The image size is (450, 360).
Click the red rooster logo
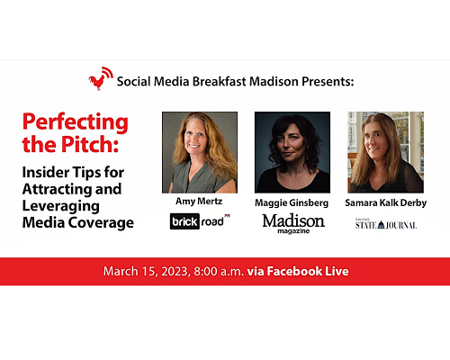click(x=101, y=78)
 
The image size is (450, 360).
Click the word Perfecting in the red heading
click(x=76, y=122)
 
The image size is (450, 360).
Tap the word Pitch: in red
click(x=90, y=144)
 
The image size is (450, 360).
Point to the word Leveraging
click(x=61, y=206)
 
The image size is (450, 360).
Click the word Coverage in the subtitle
click(x=101, y=223)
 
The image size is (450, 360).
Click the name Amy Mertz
click(x=199, y=202)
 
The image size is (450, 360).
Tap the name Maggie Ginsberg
click(x=292, y=203)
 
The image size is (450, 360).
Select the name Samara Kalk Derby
click(x=386, y=203)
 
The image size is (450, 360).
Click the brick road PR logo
click(x=200, y=221)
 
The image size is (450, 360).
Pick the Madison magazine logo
click(x=293, y=223)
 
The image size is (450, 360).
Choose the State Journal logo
click(x=386, y=224)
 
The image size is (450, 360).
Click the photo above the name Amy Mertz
click(x=200, y=152)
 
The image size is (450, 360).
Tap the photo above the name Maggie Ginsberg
click(x=292, y=152)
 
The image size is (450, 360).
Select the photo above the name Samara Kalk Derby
click(x=385, y=152)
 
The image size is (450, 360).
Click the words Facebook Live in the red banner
click(x=308, y=271)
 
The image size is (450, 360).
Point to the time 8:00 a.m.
click(x=219, y=272)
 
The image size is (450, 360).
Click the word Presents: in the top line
click(x=328, y=82)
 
